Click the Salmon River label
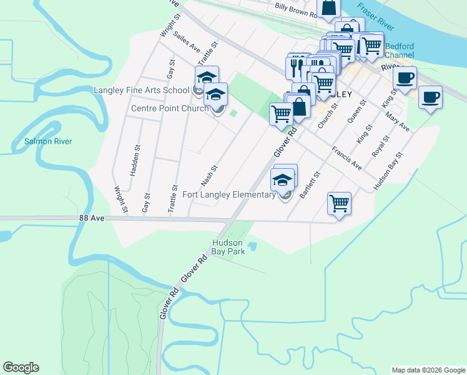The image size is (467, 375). (x=48, y=141)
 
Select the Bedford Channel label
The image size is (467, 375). (x=400, y=51)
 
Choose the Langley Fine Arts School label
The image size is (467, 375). (x=141, y=90)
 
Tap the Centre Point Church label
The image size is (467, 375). (x=169, y=109)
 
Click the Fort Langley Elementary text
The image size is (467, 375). (x=229, y=194)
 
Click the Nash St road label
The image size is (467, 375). (x=209, y=176)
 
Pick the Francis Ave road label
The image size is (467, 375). (x=347, y=159)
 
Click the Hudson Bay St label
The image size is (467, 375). (x=389, y=171)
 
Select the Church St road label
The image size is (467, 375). (x=328, y=116)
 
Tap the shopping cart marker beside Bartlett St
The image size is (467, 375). (x=339, y=202)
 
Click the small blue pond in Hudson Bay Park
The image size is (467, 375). (x=252, y=247)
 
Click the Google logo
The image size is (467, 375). (x=21, y=367)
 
